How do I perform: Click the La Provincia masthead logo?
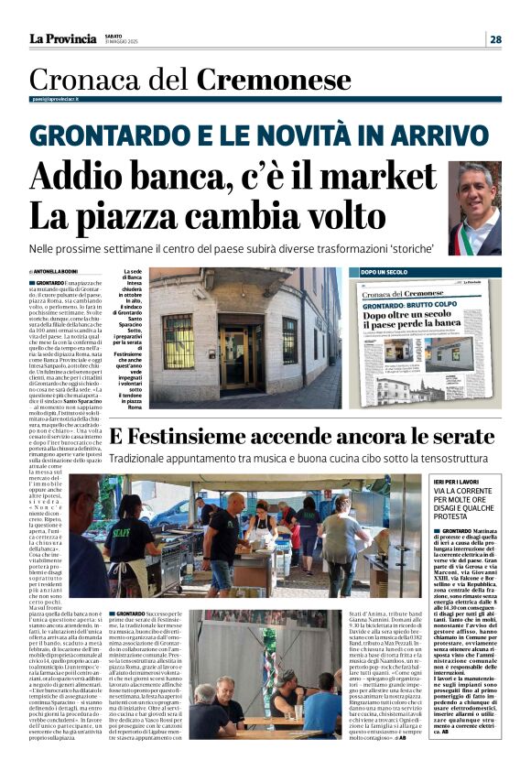(x=62, y=38)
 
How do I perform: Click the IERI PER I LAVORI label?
(x=456, y=479)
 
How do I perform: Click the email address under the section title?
(x=53, y=98)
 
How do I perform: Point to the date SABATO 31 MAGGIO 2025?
(x=123, y=38)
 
